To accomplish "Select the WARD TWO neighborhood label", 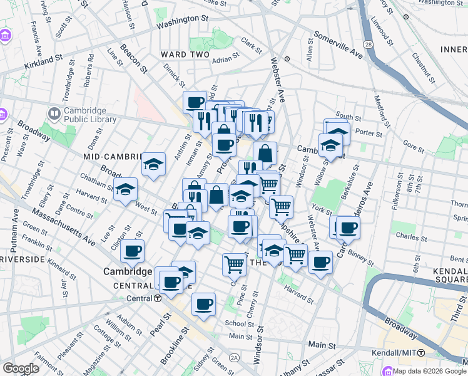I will (x=182, y=55).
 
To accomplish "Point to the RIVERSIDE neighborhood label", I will (x=22, y=259).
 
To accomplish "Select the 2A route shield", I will (x=234, y=357).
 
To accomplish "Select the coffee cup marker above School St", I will (x=203, y=305).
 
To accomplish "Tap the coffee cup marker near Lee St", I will (x=132, y=251).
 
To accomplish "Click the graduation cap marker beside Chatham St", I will (x=126, y=189).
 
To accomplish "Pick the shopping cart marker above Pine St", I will (x=234, y=264).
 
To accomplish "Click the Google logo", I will (x=21, y=368).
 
